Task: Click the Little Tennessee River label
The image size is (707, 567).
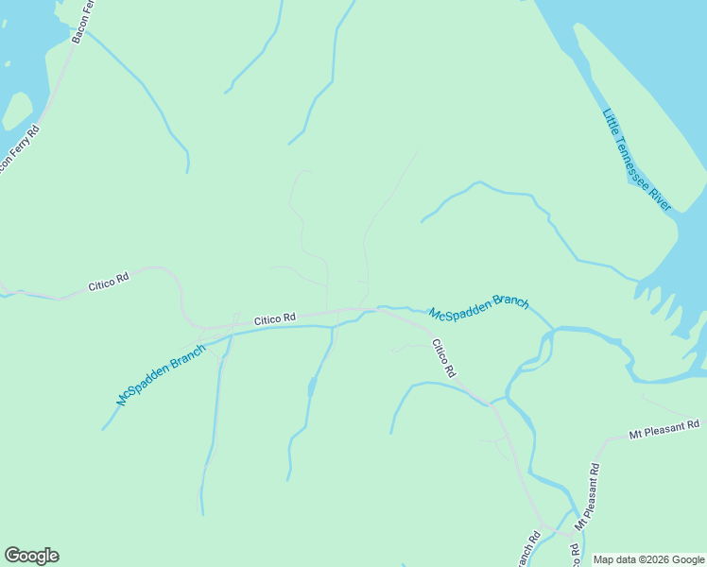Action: point(636,160)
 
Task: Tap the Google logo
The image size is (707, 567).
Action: point(31,556)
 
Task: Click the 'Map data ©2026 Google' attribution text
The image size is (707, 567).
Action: point(648,559)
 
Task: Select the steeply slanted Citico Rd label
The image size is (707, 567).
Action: point(444,358)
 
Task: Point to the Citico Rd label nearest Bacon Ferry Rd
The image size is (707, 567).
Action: point(108,281)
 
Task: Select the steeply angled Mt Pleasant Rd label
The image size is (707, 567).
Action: point(587,496)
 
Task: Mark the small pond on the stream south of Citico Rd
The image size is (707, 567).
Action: point(311,387)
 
